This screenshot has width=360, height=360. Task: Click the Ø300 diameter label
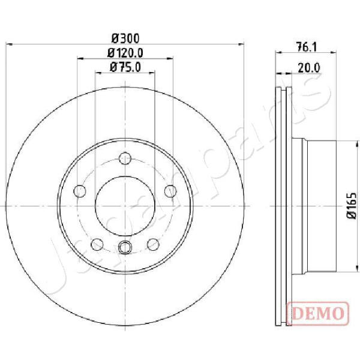125,38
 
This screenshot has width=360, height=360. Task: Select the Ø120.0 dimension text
125,53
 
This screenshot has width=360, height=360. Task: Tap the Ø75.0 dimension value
125,67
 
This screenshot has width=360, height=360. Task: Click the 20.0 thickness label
309,68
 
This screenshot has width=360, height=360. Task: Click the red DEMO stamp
318,313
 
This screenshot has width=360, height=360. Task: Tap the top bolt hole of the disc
125,158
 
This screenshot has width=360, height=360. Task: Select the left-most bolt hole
80,191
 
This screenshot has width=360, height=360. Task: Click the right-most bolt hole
170,191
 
